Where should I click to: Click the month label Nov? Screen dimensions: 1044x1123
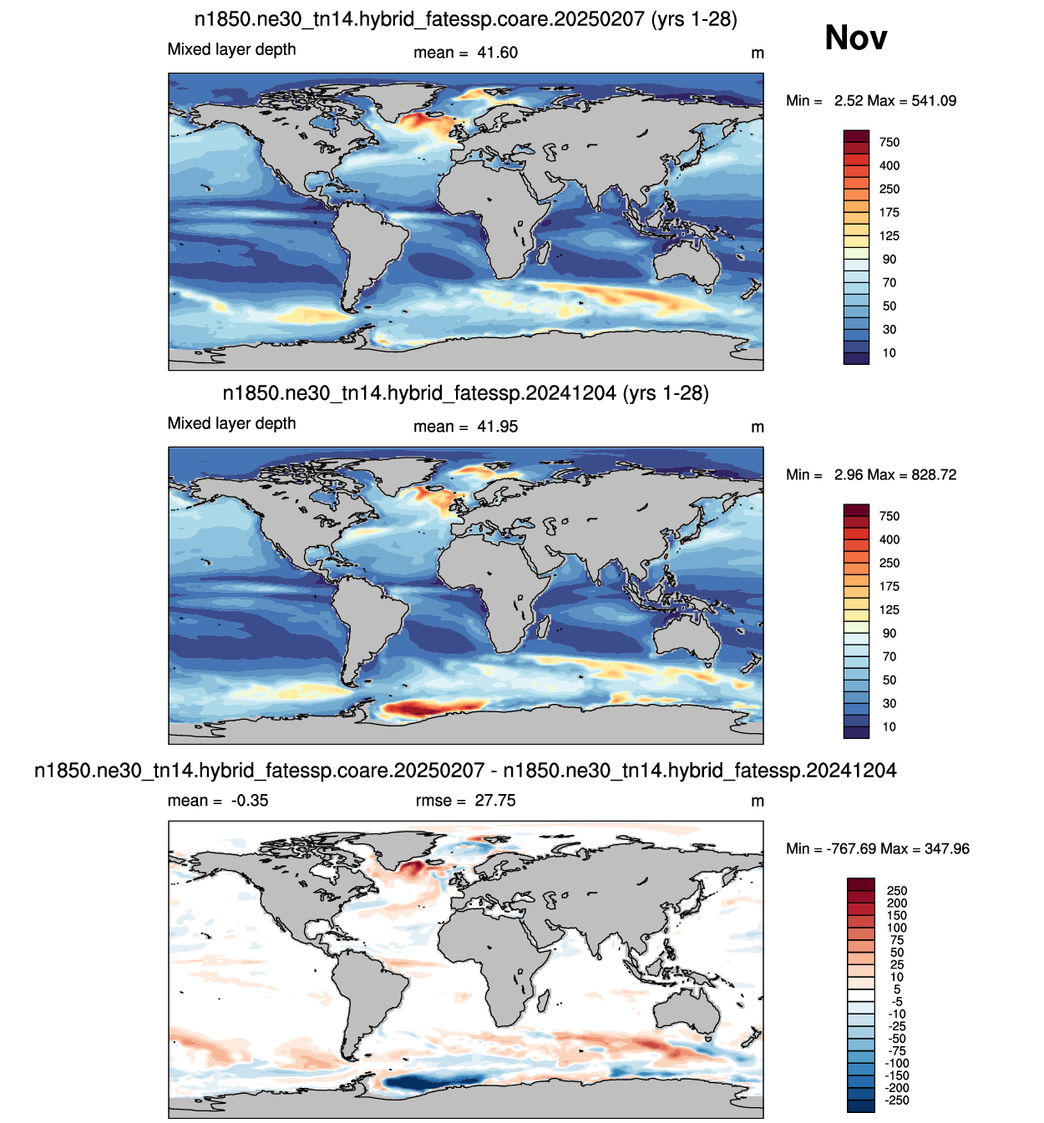click(x=855, y=38)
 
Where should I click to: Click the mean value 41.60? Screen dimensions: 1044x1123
click(x=497, y=53)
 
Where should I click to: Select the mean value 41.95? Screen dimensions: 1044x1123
click(x=497, y=427)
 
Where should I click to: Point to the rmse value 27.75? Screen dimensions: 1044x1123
click(x=495, y=800)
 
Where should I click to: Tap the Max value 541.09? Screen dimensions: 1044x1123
click(x=934, y=101)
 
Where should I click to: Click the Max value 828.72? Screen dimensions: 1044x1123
click(x=934, y=474)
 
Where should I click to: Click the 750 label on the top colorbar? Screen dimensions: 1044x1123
click(x=889, y=142)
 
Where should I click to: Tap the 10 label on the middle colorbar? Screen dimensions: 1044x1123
click(x=889, y=726)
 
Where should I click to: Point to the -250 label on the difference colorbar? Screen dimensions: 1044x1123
click(x=897, y=1100)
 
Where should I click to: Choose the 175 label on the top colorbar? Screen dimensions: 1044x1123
click(x=889, y=212)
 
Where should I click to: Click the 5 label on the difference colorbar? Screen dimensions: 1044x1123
click(x=897, y=989)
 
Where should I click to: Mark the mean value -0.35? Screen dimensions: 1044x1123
click(x=250, y=800)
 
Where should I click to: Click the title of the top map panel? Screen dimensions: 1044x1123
click(x=466, y=19)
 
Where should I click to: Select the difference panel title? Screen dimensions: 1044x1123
click(x=466, y=770)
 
